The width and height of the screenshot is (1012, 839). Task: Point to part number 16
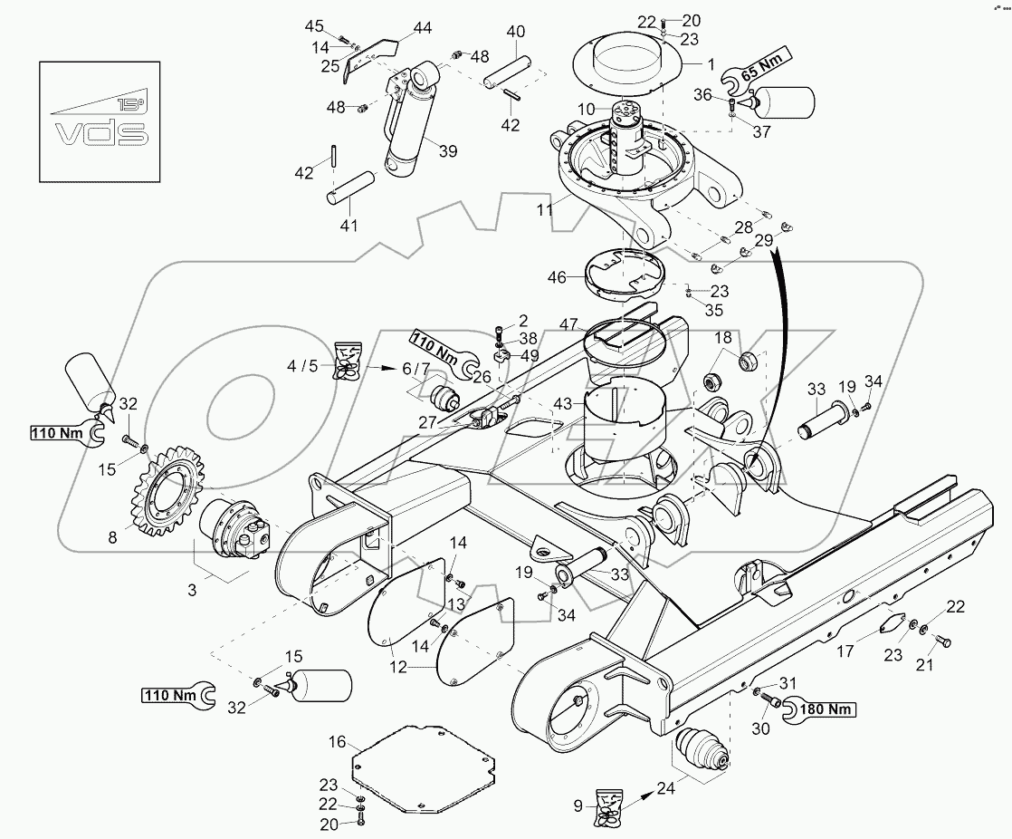pyautogui.click(x=337, y=742)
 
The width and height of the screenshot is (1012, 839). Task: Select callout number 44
pyautogui.click(x=423, y=28)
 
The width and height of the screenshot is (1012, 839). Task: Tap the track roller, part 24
pyautogui.click(x=701, y=751)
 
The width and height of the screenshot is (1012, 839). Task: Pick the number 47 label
pyautogui.click(x=568, y=323)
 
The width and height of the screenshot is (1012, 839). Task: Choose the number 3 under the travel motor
pyautogui.click(x=191, y=590)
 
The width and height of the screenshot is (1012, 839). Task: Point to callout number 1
pyautogui.click(x=711, y=64)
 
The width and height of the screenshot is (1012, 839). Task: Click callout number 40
pyautogui.click(x=515, y=32)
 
